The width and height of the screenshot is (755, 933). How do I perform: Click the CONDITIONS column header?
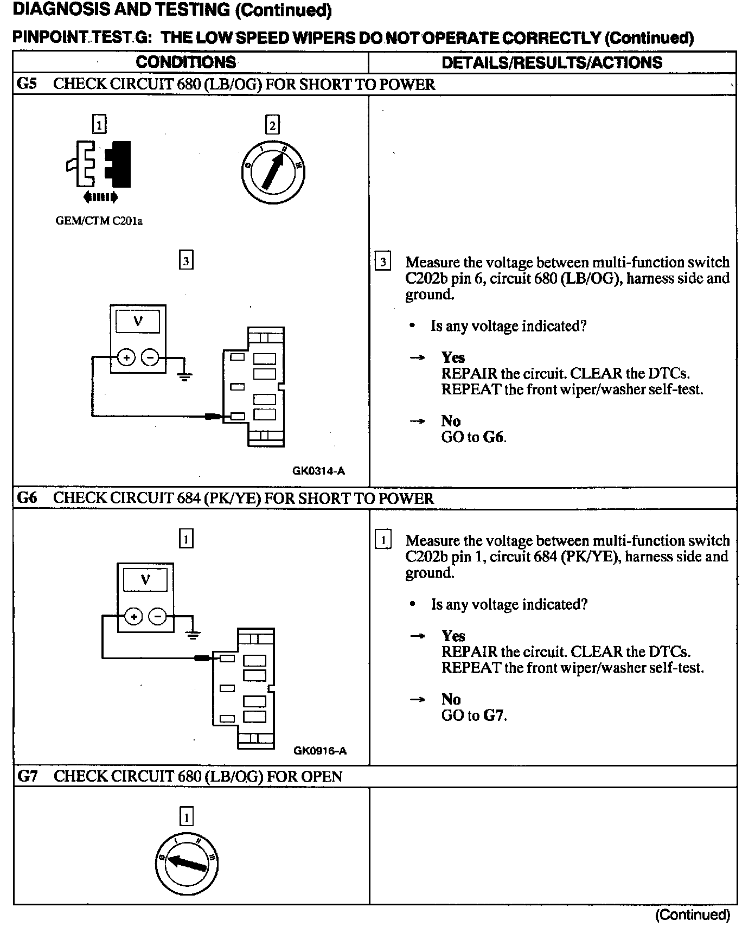pyautogui.click(x=185, y=62)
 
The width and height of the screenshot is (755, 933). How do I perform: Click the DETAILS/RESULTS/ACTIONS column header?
pyautogui.click(x=552, y=62)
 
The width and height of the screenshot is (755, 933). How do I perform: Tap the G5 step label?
pyautogui.click(x=27, y=84)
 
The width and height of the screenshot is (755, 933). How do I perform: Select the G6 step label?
pyautogui.click(x=27, y=498)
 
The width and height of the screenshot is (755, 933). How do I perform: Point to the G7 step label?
pyautogui.click(x=27, y=776)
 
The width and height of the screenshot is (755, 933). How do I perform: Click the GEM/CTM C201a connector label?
pyautogui.click(x=99, y=221)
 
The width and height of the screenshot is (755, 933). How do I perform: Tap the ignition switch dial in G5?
pyautogui.click(x=272, y=171)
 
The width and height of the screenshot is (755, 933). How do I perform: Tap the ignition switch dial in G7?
pyautogui.click(x=187, y=862)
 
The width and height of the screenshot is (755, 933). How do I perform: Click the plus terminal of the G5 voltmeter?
pyautogui.click(x=126, y=357)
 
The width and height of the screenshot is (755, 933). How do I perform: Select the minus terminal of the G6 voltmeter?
pyautogui.click(x=158, y=616)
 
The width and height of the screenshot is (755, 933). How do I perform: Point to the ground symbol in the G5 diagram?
pyautogui.click(x=185, y=375)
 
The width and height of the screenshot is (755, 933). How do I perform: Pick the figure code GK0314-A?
pyautogui.click(x=318, y=471)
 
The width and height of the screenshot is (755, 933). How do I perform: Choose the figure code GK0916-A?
pyautogui.click(x=319, y=751)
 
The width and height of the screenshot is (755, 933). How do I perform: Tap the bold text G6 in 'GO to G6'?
pyautogui.click(x=494, y=437)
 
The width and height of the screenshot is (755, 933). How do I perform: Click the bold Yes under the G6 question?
pyautogui.click(x=453, y=636)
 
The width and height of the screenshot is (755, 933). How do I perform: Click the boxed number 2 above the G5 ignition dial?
pyautogui.click(x=272, y=126)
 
